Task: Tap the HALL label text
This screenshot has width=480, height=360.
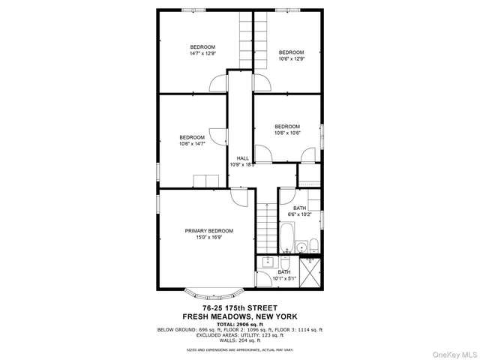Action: [242, 158]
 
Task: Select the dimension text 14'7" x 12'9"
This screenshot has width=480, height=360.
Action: [202, 53]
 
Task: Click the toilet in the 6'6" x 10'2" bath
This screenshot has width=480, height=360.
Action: [314, 247]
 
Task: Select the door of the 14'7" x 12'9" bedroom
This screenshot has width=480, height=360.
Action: [217, 82]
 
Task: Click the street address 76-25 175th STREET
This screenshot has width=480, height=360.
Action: [240, 307]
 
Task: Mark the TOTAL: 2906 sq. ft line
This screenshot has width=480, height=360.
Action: [240, 323]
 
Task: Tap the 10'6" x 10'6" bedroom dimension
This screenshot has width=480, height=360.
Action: [287, 133]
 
